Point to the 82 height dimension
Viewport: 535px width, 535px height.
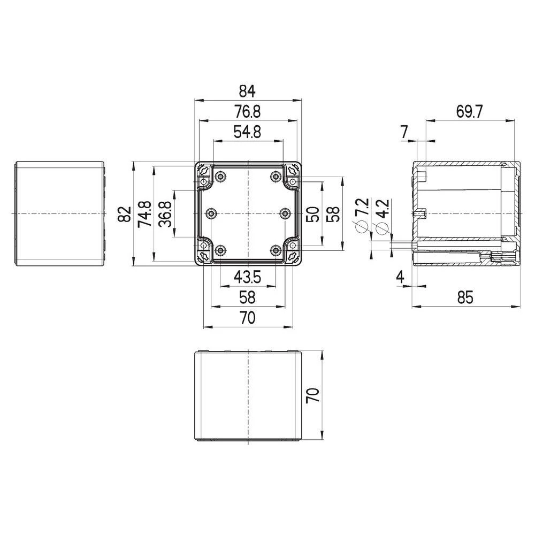coord(125,214)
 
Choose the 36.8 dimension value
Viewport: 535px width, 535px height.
coord(165,214)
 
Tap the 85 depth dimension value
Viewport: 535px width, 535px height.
coord(465,297)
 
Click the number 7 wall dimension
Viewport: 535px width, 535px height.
coord(404,132)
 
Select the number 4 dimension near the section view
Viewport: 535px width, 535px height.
coord(399,277)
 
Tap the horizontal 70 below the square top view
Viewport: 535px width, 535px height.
coord(247,318)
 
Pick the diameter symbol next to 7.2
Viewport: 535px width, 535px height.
coord(362,227)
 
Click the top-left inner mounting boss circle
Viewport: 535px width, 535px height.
coord(220,177)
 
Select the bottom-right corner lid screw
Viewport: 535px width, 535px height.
coord(292,257)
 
